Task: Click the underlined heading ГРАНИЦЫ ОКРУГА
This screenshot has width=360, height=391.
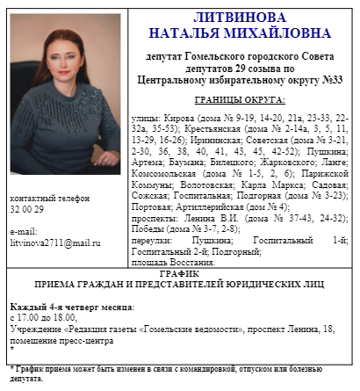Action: (x=239, y=99)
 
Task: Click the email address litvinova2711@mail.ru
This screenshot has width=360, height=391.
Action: (x=55, y=240)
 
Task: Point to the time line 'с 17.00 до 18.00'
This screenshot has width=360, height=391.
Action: (x=43, y=317)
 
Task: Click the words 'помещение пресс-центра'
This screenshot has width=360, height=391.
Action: (x=56, y=339)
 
